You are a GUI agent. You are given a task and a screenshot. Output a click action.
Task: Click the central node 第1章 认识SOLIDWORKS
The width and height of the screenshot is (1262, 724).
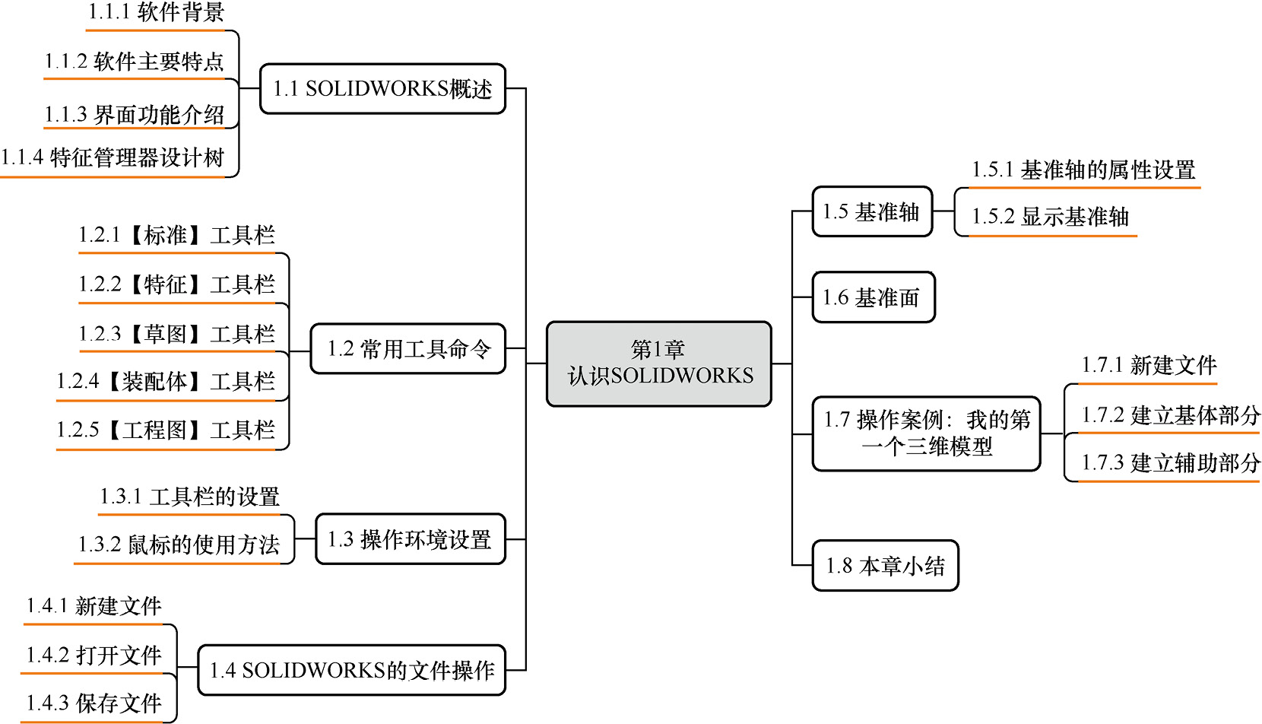click(x=658, y=364)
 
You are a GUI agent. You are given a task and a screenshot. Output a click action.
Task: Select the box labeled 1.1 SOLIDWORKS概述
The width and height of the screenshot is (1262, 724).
click(x=382, y=89)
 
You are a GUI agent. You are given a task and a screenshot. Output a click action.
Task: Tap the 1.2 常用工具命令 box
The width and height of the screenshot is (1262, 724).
click(x=408, y=349)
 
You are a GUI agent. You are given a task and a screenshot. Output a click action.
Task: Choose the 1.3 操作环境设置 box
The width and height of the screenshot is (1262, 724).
click(x=410, y=539)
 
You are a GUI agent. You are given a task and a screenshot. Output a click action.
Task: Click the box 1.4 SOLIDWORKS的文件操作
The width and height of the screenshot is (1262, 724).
click(x=352, y=670)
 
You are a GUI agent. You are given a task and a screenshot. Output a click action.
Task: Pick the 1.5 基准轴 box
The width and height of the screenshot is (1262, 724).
click(x=872, y=211)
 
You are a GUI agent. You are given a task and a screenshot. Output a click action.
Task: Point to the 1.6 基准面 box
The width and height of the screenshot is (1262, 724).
click(x=873, y=297)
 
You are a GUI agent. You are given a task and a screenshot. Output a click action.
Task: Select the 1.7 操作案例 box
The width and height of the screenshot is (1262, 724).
click(x=926, y=433)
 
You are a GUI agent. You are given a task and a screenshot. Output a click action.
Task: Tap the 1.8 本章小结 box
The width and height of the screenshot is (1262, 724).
click(x=885, y=566)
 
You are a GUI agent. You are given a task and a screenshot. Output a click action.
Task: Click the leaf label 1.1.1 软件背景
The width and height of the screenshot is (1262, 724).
click(x=156, y=13)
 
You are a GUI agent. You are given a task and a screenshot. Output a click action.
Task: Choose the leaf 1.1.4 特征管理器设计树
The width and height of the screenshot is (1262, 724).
click(x=113, y=158)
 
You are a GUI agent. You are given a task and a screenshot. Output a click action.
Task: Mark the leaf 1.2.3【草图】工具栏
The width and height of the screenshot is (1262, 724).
click(x=176, y=334)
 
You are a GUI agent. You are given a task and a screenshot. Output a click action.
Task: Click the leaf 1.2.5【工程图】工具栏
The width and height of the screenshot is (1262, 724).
click(x=166, y=430)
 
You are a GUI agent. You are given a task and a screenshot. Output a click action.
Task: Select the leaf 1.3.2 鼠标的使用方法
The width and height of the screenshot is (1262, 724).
click(x=179, y=545)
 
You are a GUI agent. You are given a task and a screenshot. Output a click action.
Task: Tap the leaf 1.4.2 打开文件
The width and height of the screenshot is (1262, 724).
click(x=94, y=655)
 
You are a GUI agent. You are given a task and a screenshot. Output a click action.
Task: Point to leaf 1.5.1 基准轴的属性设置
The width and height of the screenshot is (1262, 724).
click(x=1083, y=170)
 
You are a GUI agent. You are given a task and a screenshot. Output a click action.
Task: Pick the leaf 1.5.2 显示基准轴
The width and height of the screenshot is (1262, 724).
click(x=1050, y=217)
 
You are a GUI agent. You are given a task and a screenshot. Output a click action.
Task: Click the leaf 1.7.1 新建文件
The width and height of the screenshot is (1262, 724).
click(x=1149, y=366)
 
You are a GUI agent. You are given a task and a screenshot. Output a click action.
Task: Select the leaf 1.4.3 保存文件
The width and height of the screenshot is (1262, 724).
click(x=94, y=703)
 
